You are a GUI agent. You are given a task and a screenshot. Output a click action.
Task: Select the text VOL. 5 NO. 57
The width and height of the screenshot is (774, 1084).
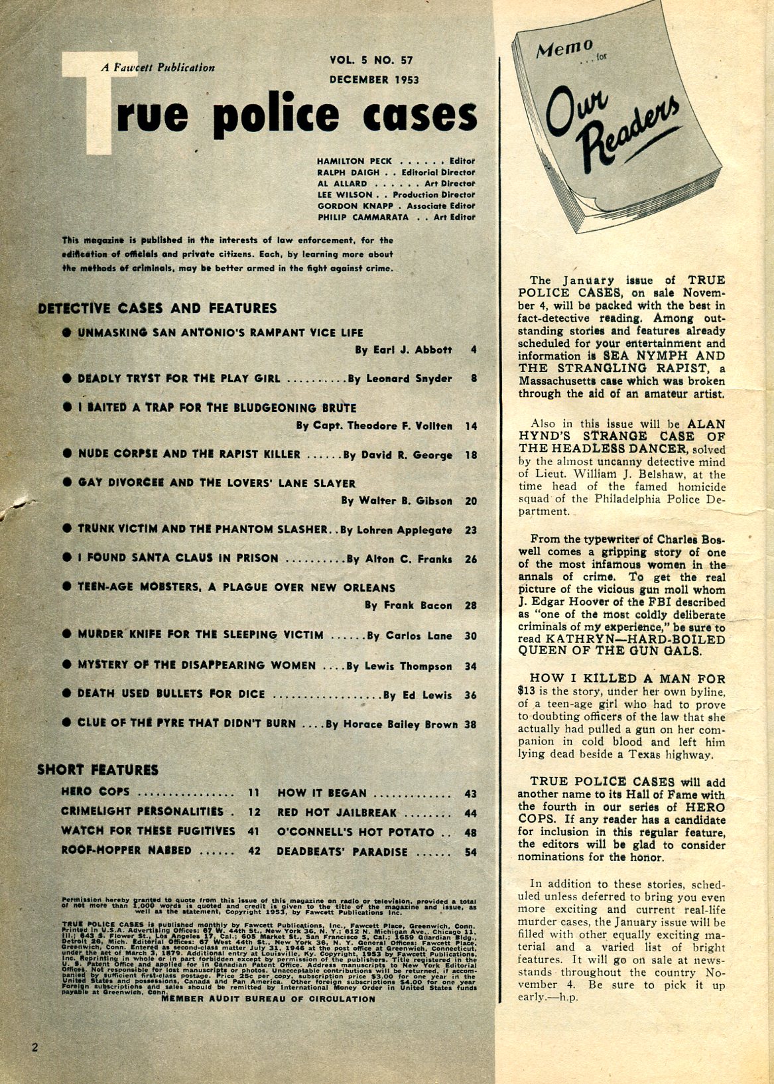tap(371, 60)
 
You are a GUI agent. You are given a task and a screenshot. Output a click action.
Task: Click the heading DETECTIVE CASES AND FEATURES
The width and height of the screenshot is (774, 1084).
tap(157, 308)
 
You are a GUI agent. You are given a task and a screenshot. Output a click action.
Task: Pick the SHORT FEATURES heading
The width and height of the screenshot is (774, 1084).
tap(97, 770)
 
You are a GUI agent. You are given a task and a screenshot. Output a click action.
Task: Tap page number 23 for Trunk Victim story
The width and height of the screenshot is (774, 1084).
tap(471, 530)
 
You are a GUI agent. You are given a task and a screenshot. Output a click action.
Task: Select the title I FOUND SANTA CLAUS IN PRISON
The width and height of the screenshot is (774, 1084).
tap(178, 559)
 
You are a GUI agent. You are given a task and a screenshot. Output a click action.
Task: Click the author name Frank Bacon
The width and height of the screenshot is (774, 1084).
tap(408, 605)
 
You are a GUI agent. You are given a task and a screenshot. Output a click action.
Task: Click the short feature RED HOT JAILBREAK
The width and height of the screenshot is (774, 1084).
tap(337, 813)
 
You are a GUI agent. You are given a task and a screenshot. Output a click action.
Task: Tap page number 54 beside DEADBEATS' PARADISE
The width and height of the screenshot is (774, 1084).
tap(470, 852)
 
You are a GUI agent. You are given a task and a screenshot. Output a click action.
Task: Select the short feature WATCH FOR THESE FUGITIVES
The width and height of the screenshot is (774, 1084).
tap(148, 831)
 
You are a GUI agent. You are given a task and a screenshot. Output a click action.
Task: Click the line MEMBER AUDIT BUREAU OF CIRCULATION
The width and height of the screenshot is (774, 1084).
tap(268, 998)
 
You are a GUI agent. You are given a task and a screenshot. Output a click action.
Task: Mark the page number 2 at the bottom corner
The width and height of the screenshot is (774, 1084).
tap(34, 1048)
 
